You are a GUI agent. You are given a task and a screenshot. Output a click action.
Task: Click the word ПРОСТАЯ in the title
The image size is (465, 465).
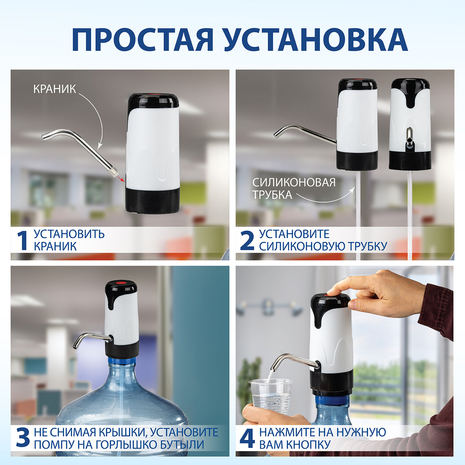142,40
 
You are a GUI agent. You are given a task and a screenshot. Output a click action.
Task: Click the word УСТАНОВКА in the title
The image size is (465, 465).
316,40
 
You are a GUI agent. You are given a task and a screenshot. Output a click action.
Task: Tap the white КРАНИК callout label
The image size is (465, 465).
55,89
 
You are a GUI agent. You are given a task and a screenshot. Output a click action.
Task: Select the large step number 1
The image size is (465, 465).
22,240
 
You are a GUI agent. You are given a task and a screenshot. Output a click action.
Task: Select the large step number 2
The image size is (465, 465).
247,241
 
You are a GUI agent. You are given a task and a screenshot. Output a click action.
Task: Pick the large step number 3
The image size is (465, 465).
23,438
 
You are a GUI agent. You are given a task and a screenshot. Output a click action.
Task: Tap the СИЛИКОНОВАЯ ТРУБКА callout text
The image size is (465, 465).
294,188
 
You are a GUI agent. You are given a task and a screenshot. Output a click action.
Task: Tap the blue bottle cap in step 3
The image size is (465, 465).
122,361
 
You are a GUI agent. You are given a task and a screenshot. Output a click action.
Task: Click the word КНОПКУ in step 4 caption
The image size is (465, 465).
308,445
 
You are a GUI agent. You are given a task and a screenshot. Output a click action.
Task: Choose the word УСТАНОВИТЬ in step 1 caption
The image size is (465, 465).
69,234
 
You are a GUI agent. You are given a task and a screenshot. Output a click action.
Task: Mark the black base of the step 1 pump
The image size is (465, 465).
153,200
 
